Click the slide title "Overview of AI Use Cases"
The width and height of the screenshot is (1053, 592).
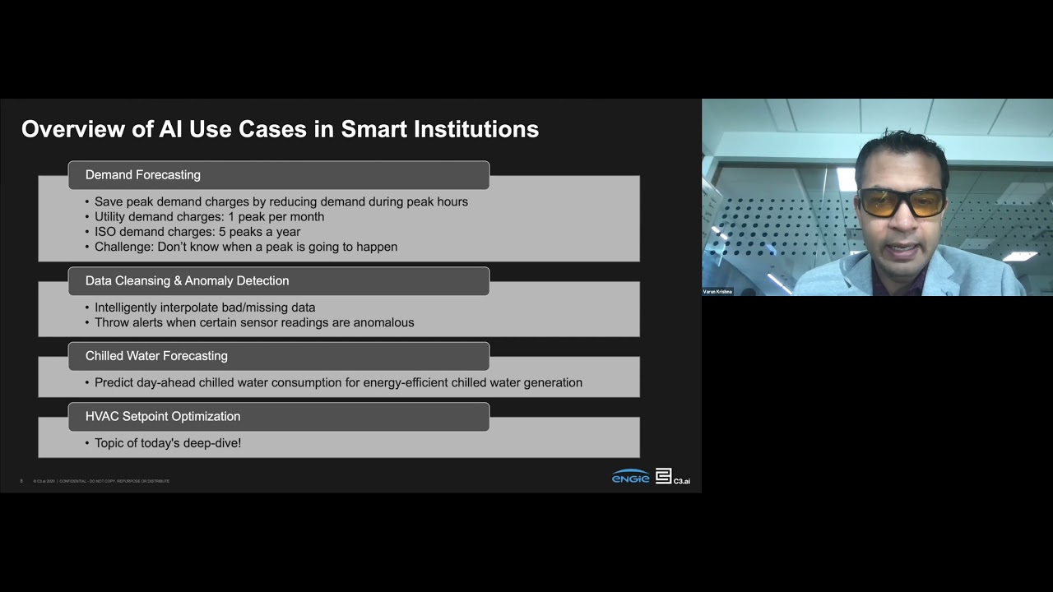[280, 129]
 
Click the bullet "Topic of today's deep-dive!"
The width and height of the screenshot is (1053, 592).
[167, 443]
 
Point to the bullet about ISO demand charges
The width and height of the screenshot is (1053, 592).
[197, 232]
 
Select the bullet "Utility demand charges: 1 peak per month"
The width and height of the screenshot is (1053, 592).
[209, 217]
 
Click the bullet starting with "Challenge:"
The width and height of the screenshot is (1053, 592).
[245, 247]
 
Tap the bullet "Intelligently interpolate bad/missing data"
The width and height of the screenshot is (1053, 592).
[204, 308]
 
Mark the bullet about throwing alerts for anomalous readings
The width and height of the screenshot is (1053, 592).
[253, 322]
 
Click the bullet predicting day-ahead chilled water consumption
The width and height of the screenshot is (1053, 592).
[338, 382]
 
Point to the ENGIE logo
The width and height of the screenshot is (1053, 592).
[630, 477]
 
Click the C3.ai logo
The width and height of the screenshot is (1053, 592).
[672, 477]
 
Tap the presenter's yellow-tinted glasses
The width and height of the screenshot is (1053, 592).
[902, 201]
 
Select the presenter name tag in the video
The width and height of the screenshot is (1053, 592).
[717, 292]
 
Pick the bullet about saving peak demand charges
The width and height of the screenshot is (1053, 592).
[281, 201]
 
